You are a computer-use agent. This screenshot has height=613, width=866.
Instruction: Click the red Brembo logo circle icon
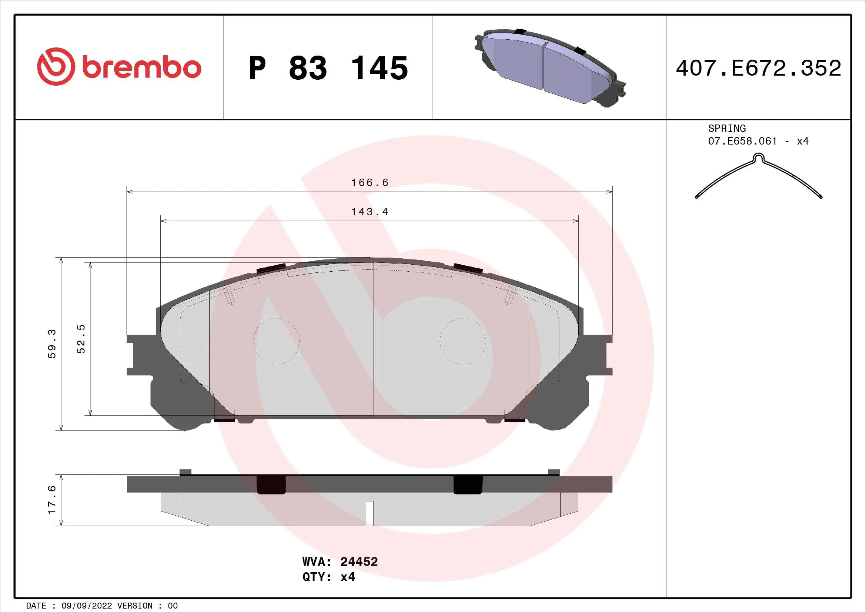pos(56,66)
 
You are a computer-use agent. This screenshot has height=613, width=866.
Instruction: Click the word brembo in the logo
pos(141,68)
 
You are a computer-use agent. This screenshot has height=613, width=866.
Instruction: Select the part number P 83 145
pos(328,68)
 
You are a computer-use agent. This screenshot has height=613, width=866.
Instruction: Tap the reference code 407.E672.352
pos(758,68)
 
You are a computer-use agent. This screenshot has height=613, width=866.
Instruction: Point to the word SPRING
pos(726,128)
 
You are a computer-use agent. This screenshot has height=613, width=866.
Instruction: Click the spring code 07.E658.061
pos(742,141)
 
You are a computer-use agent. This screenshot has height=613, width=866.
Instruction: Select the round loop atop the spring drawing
pos(758,157)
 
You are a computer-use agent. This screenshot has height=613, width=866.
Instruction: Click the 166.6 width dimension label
pos(369,183)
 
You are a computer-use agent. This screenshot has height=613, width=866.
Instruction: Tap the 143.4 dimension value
pos(369,212)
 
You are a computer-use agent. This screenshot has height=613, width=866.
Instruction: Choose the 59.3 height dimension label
pos(52,344)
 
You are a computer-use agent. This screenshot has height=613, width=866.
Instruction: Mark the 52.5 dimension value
pos(81,339)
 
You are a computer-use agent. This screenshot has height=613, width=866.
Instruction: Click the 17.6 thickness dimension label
pos(52,500)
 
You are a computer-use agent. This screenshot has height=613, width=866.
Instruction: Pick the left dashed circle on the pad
pos(276,341)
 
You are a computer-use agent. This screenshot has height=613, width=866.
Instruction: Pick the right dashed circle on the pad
pos(463,341)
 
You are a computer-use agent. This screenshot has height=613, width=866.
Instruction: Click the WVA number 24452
pos(359,561)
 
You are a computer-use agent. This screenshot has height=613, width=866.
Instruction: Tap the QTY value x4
pos(347,577)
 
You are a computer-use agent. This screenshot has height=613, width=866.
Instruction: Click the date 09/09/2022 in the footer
pos(86,606)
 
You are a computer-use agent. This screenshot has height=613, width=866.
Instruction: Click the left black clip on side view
pos(271,485)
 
